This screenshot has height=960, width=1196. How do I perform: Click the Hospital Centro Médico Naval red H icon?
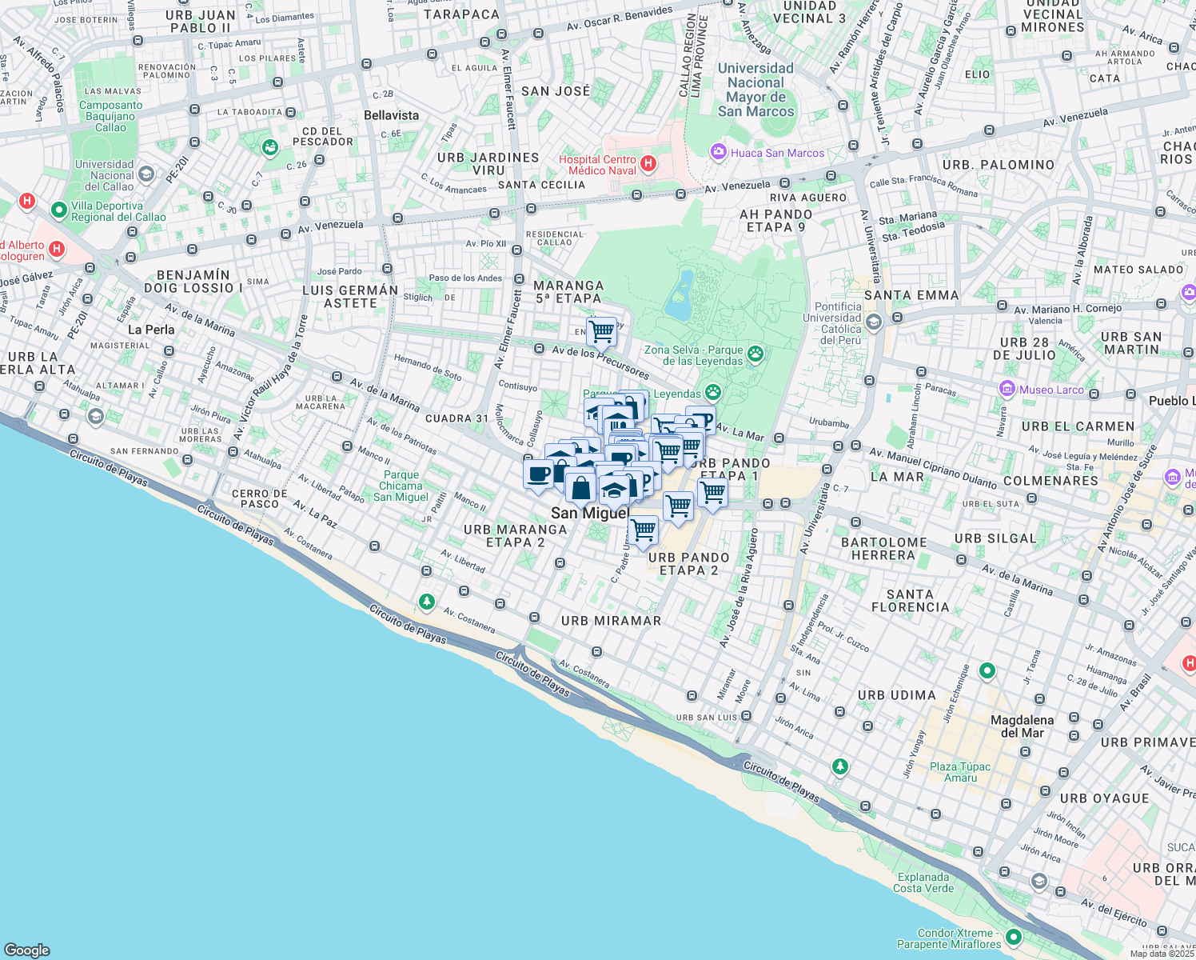pyautogui.click(x=648, y=164)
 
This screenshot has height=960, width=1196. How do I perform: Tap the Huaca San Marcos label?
pyautogui.click(x=777, y=153)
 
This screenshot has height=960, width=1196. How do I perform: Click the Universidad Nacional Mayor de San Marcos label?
pyautogui.click(x=755, y=90)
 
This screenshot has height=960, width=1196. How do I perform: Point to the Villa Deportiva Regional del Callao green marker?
pyautogui.click(x=58, y=210)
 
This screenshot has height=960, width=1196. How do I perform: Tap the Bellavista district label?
pyautogui.click(x=391, y=115)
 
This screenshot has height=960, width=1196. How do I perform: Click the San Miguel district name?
pyautogui.click(x=590, y=514)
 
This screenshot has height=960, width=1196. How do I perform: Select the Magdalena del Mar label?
pyautogui.click(x=1022, y=726)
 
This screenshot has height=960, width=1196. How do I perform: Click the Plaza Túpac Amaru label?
pyautogui.click(x=960, y=772)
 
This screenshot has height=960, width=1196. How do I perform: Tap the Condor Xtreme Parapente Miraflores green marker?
pyautogui.click(x=1014, y=937)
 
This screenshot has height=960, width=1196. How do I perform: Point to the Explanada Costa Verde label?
pyautogui.click(x=923, y=882)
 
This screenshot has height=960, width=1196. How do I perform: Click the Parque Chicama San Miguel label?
pyautogui.click(x=401, y=486)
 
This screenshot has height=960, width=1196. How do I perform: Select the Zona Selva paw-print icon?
pyautogui.click(x=755, y=353)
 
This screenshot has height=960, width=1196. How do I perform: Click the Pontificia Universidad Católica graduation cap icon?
pyautogui.click(x=873, y=322)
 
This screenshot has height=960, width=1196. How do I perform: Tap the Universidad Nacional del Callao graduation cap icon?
pyautogui.click(x=146, y=174)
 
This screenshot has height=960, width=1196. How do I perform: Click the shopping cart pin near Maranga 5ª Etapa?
pyautogui.click(x=602, y=330)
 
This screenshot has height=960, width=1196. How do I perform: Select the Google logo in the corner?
pyautogui.click(x=26, y=950)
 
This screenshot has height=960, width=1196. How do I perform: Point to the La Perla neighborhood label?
pyautogui.click(x=151, y=330)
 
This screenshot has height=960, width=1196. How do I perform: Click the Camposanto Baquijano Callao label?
pyautogui.click(x=110, y=116)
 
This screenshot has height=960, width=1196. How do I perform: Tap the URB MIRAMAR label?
pyautogui.click(x=611, y=621)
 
